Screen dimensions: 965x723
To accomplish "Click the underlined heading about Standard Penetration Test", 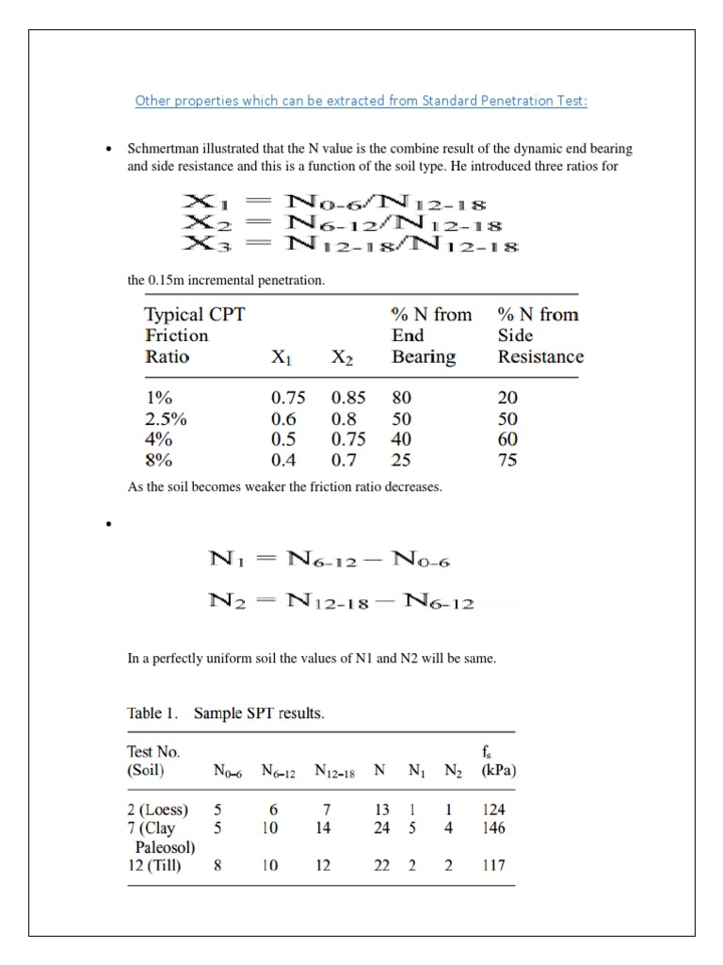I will click(361, 101).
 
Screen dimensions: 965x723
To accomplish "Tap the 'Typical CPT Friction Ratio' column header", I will click(194, 335).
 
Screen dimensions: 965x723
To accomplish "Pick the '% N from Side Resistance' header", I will click(539, 335).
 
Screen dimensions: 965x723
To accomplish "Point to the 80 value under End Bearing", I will click(402, 398).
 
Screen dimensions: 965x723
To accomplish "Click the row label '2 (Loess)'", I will click(157, 810).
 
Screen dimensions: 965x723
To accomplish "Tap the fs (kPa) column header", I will click(498, 761).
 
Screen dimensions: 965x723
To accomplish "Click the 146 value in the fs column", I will click(493, 828).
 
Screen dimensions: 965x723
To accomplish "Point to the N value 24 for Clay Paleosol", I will click(381, 828).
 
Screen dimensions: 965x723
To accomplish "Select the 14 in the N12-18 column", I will click(323, 828).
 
